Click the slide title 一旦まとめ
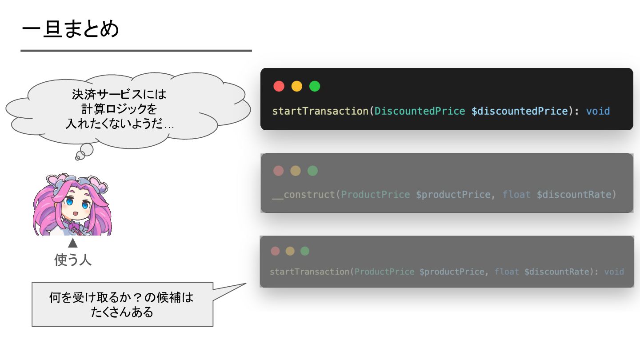[70, 30]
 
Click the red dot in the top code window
[279, 86]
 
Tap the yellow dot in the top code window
[297, 86]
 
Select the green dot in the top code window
[315, 86]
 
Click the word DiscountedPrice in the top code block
[420, 111]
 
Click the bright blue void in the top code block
[598, 111]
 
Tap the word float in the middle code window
[516, 195]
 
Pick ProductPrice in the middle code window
[376, 195]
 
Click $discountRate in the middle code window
[575, 195]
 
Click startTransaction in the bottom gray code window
[309, 272]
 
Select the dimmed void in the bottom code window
[614, 272]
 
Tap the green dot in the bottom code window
[305, 251]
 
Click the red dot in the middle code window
[278, 171]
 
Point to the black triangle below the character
[72, 243]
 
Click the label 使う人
[73, 260]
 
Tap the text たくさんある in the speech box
[122, 312]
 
